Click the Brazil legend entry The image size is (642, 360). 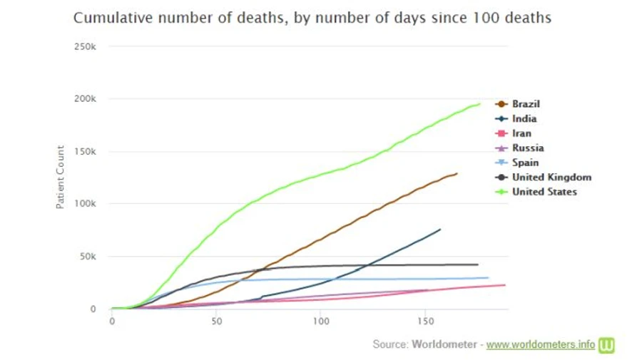click(x=526, y=104)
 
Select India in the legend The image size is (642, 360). click(x=524, y=119)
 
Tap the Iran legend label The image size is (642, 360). click(x=521, y=133)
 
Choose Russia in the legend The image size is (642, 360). click(x=528, y=148)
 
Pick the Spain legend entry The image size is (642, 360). click(x=525, y=163)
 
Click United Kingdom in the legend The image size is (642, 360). click(x=551, y=178)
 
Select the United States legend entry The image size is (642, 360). click(x=544, y=192)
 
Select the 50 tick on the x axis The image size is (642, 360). click(x=217, y=322)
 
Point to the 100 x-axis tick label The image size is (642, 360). click(x=321, y=322)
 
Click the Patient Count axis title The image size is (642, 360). click(x=61, y=178)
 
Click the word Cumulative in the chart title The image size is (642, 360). click(x=109, y=18)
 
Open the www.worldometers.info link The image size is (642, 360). click(x=541, y=344)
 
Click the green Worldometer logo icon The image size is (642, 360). click(x=607, y=345)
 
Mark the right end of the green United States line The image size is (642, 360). click(x=479, y=104)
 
